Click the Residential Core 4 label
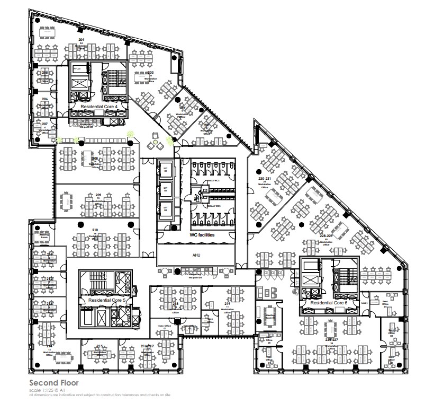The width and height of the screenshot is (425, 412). (x=103, y=107)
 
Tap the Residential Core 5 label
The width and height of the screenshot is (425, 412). (x=106, y=300)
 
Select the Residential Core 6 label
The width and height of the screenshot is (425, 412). (x=329, y=303)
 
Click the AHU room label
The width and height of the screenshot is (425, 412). (x=197, y=254)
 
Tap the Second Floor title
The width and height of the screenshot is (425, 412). (x=55, y=382)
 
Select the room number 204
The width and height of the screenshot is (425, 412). (x=82, y=40)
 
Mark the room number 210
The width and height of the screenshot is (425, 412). (x=95, y=230)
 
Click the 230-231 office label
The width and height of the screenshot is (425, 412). (x=264, y=179)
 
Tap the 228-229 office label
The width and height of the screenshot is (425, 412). (x=325, y=236)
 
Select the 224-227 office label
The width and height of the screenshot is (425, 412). (x=331, y=340)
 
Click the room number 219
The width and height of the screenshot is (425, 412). (x=227, y=303)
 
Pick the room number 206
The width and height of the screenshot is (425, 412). (x=45, y=99)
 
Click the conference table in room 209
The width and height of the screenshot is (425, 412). (x=68, y=201)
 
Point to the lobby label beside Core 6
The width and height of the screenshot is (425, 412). (x=364, y=303)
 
